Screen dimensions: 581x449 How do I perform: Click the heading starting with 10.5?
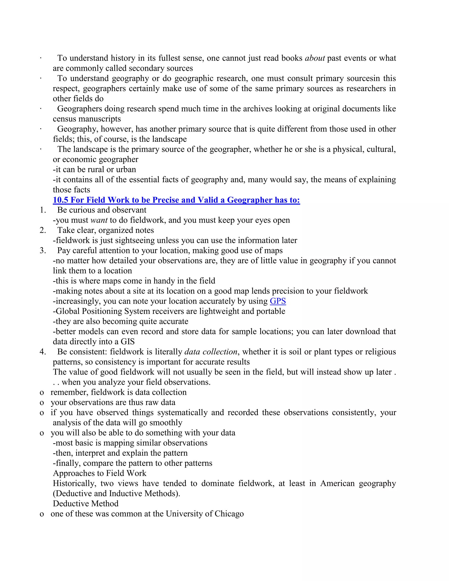point(176,200)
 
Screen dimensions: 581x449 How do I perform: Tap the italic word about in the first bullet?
point(315,58)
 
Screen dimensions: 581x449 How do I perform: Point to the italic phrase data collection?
point(211,352)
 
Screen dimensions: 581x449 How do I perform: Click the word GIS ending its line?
point(127,342)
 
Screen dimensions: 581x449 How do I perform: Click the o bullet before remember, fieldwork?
point(42,393)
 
